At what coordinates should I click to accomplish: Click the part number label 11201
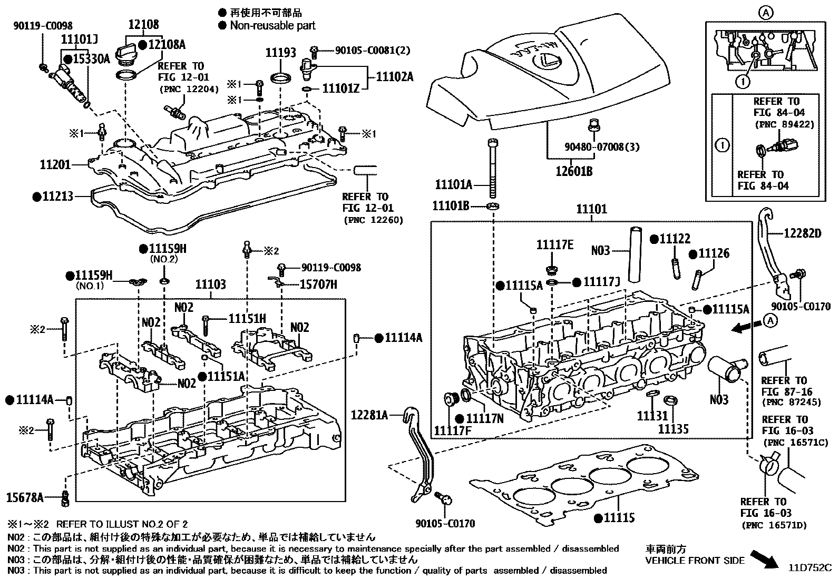tap(55, 165)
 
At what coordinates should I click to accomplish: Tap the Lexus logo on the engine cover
tap(549, 63)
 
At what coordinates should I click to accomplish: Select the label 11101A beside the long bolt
tap(453, 185)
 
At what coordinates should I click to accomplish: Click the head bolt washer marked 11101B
tap(492, 205)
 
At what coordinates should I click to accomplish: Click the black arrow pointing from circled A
tap(743, 328)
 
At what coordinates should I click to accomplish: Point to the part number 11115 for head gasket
tap(618, 518)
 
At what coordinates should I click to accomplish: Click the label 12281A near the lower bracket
tap(369, 416)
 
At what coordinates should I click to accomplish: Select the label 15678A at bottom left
tap(25, 496)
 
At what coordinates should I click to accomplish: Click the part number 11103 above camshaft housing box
tap(210, 285)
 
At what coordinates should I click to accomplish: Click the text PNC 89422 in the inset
tap(784, 125)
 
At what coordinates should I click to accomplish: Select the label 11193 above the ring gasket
tap(280, 52)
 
